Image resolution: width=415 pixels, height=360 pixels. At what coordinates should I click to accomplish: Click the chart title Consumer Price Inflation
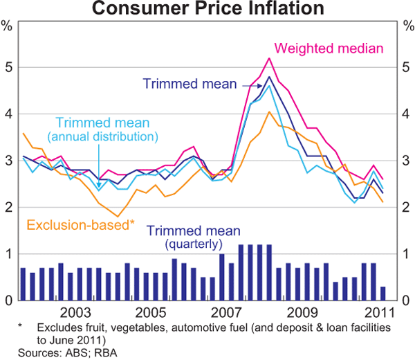(x=207, y=9)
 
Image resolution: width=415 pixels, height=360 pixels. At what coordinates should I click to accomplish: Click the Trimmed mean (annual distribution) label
(x=107, y=129)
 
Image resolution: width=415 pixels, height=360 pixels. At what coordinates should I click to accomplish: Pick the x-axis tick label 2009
(x=302, y=312)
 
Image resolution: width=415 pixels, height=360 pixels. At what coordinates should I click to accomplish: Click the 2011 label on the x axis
(x=378, y=312)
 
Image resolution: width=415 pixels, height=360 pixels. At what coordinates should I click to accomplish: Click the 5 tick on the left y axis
(x=7, y=68)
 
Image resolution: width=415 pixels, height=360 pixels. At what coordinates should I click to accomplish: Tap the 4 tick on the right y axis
(x=406, y=114)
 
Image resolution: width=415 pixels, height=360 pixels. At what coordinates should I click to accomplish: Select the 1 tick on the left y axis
(x=7, y=254)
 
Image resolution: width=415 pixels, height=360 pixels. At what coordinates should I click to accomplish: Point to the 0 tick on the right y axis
(x=406, y=300)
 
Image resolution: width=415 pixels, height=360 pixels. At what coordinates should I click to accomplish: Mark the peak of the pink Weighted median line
(x=268, y=58)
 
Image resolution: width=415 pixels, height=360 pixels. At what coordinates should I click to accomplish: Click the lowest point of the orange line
(x=119, y=216)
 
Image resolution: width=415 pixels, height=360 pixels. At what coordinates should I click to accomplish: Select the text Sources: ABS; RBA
(x=59, y=352)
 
